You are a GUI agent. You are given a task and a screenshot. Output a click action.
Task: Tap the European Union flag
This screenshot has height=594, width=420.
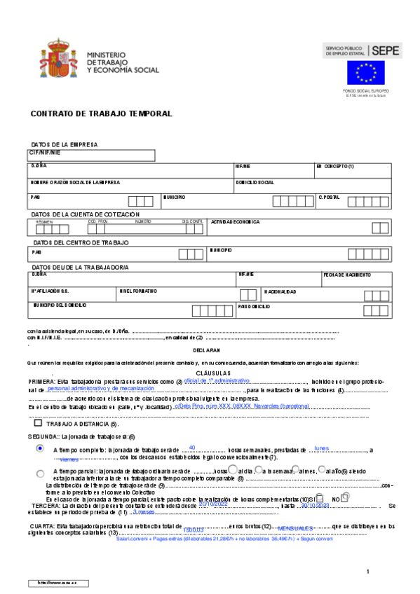point(365,73)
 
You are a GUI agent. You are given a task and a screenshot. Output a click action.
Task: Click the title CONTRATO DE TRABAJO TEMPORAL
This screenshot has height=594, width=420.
point(102,113)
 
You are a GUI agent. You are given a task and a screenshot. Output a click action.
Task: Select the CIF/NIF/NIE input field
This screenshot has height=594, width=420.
point(91,156)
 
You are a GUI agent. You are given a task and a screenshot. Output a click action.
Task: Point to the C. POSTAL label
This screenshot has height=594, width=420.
point(329,198)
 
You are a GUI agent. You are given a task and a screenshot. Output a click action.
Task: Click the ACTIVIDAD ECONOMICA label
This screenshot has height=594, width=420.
point(236,221)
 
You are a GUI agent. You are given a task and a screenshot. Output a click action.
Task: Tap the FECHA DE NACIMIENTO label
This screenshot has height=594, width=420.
point(347,275)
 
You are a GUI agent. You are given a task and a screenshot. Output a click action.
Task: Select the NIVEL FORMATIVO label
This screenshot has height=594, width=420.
point(138,291)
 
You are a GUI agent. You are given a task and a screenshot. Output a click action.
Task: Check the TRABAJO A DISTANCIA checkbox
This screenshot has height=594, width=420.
point(38,423)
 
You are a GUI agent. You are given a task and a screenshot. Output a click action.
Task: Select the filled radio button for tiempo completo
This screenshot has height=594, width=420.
point(40,448)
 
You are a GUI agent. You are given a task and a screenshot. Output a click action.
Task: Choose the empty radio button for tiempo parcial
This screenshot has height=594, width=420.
point(40,473)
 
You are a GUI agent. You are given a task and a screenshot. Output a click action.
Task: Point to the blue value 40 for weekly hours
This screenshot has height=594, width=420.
point(192,446)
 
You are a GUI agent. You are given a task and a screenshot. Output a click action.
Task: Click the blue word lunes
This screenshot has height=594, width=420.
point(322,447)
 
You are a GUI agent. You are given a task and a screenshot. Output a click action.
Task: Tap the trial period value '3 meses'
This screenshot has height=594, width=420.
point(143,512)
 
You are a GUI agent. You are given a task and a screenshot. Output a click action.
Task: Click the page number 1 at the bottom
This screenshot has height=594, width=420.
point(367,572)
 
